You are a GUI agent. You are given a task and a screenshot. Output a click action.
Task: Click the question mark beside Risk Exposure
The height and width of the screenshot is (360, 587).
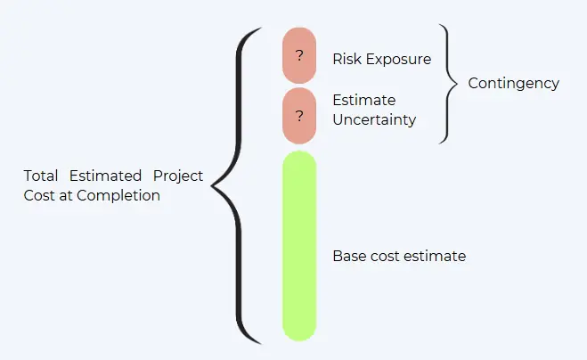tap(299, 56)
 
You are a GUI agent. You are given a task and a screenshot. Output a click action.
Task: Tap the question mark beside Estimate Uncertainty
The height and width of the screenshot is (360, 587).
tap(299, 116)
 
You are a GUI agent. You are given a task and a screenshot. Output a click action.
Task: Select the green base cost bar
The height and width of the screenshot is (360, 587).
tap(299, 246)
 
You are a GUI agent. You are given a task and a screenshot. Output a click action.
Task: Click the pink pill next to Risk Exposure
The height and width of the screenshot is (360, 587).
tap(299, 55)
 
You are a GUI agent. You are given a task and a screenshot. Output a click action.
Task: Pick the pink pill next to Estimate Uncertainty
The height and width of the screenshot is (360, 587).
tap(299, 116)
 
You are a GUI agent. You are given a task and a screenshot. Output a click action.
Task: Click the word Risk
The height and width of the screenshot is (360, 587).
tap(346, 59)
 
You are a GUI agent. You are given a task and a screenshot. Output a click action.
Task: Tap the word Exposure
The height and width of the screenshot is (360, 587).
tap(398, 60)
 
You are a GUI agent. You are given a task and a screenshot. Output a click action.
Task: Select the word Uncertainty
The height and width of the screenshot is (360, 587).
tap(374, 120)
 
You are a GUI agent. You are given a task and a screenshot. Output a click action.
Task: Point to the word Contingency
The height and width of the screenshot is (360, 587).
tap(513, 84)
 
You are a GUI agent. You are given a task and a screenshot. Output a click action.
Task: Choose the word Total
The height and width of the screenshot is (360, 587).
tap(40, 176)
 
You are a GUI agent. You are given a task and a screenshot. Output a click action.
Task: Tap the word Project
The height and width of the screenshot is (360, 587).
tap(178, 176)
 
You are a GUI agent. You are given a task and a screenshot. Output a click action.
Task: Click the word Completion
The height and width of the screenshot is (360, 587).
tap(118, 196)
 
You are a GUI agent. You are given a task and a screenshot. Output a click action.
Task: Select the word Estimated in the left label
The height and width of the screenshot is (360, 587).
tap(105, 176)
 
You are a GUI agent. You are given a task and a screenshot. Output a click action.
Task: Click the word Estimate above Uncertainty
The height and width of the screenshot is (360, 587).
tap(364, 101)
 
